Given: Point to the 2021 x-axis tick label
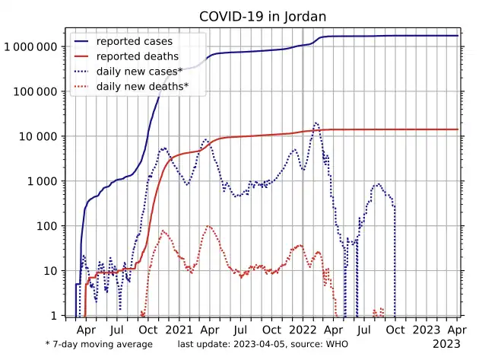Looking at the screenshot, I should point(179,330).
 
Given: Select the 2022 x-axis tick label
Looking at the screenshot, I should point(303,330).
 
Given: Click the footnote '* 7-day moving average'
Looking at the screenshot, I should point(99,345).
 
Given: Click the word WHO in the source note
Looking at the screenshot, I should point(336,345).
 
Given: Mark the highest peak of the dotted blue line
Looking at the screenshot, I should point(316,123).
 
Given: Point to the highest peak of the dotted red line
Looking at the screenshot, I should point(209,226).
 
